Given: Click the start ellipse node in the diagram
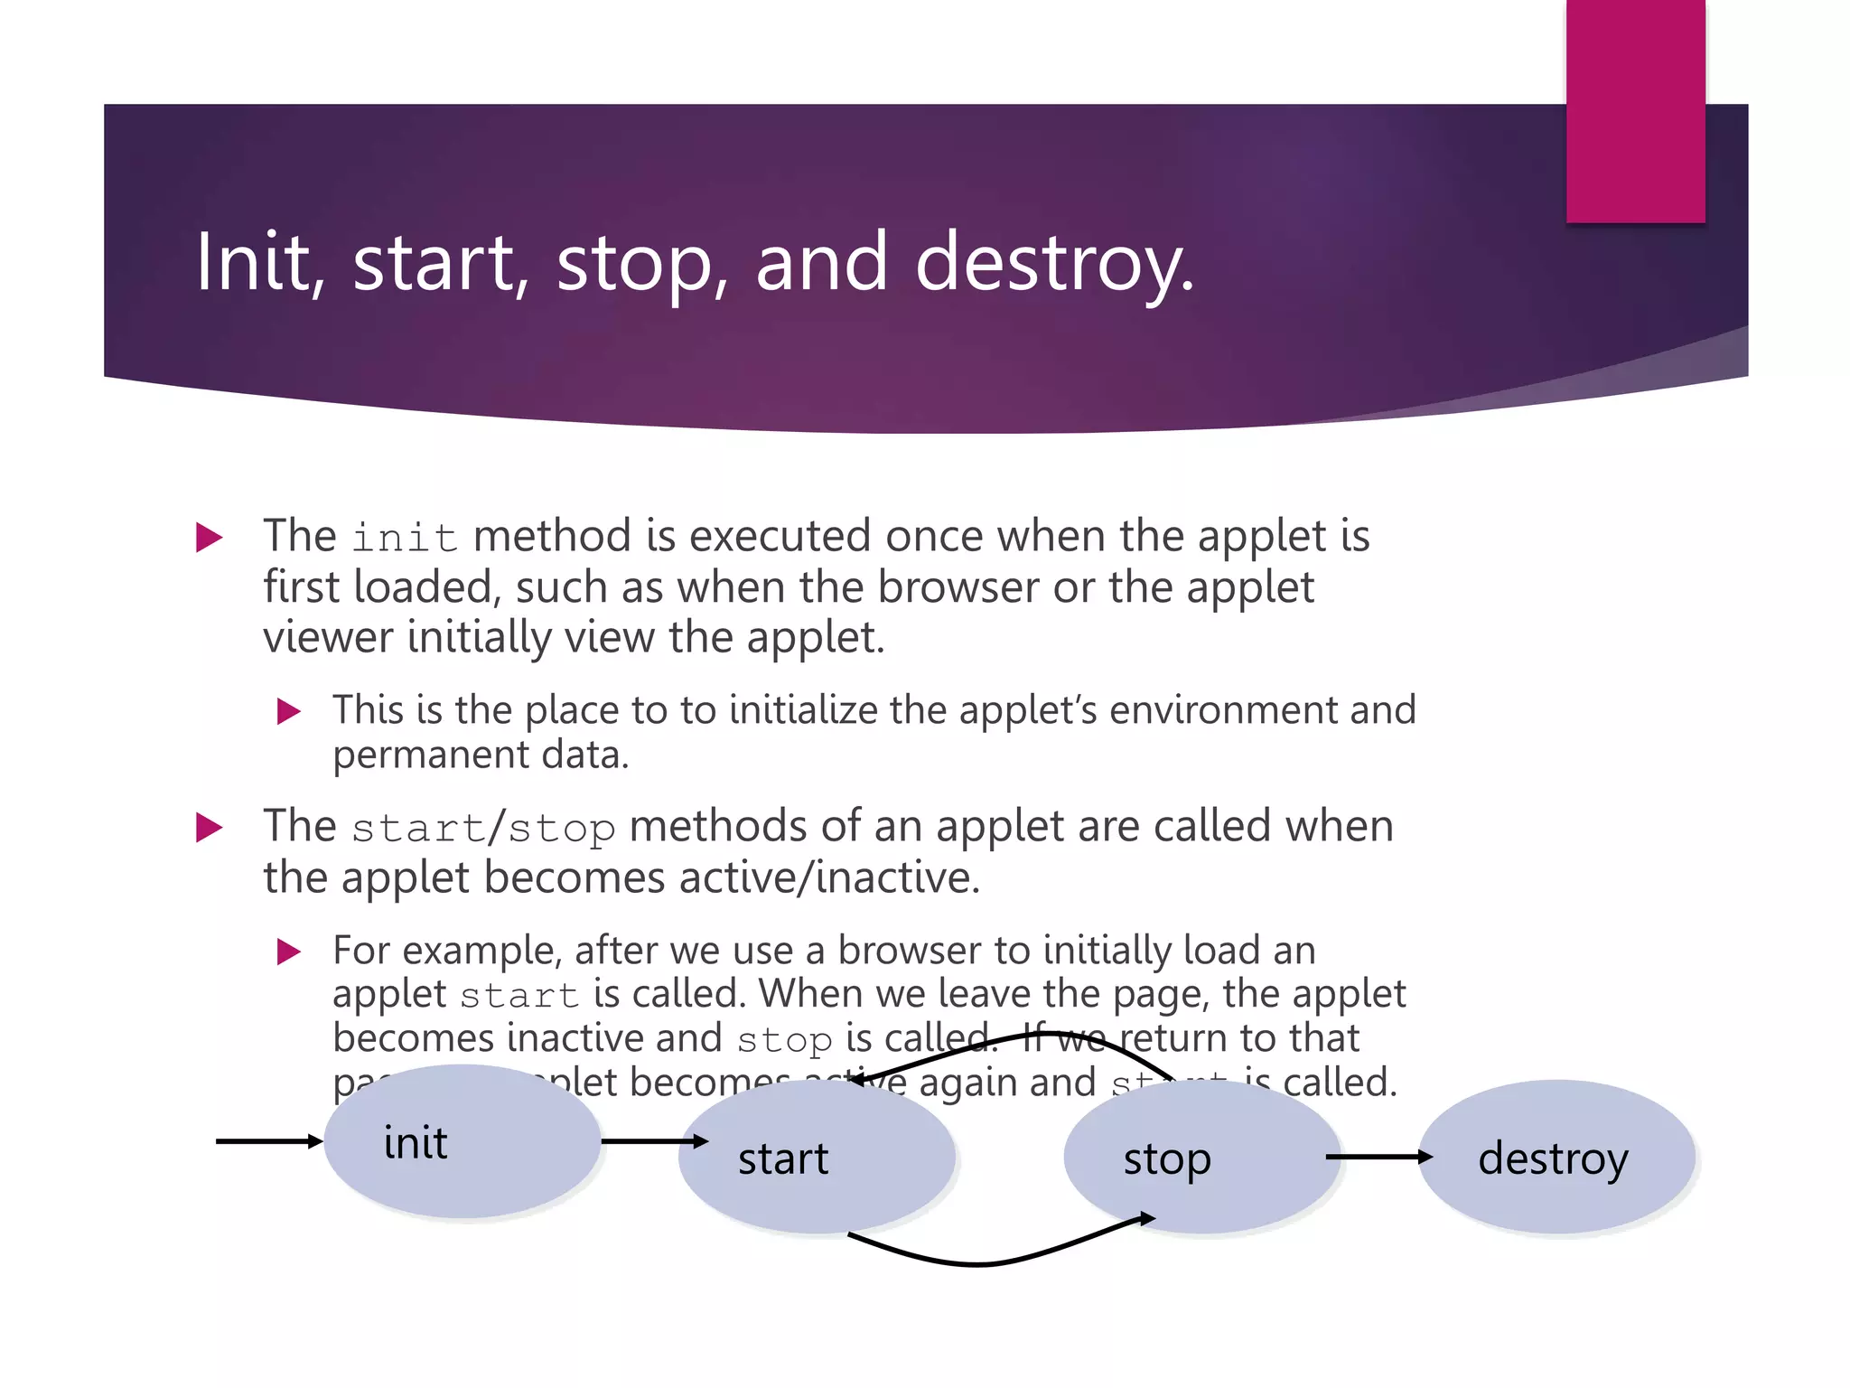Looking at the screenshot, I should pos(817,1158).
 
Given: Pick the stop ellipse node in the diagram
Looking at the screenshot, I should pos(1201,1158).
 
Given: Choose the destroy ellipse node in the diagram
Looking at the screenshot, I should pos(1556,1158).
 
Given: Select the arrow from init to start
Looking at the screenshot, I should pos(652,1141).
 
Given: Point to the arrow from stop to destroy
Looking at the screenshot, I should pos(1378,1157).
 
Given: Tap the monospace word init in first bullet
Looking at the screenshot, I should pos(404,538).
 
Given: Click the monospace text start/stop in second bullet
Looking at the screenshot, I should pos(483,828).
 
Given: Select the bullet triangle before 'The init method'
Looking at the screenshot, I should pos(209,538).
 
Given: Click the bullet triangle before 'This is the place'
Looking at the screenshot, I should pos(288,711).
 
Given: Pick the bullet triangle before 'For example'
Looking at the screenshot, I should pos(288,952).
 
